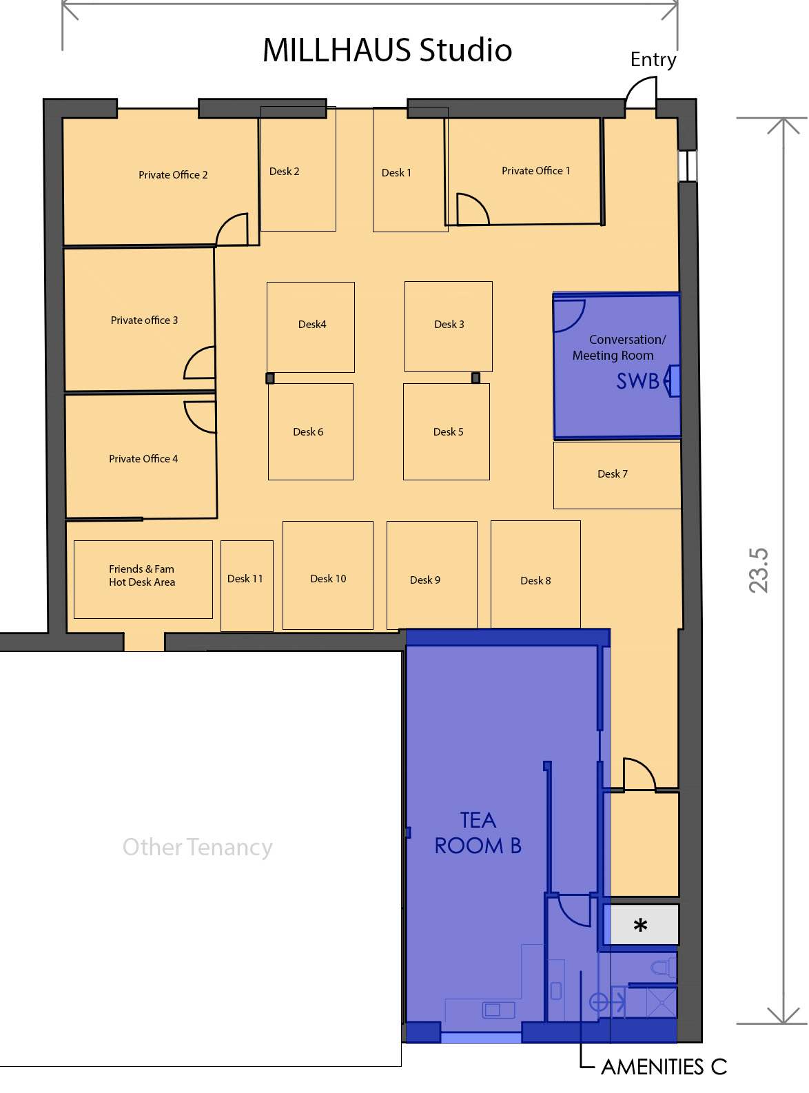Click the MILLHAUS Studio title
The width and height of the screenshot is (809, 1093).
[x=387, y=50]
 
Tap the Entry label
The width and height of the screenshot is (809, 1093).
[x=653, y=60]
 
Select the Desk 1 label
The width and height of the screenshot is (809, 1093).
[x=396, y=173]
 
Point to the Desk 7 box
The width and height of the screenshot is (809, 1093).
[x=616, y=475]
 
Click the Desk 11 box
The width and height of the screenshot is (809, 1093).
[x=246, y=585]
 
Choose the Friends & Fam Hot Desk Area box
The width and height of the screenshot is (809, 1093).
[x=143, y=579]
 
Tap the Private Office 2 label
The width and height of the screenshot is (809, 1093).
[x=173, y=175]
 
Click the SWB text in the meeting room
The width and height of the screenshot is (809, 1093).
[x=637, y=381]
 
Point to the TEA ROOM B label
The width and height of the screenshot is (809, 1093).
[x=478, y=832]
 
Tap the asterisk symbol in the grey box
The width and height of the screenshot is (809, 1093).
[x=640, y=925]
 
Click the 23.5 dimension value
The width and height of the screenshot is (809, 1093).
[x=758, y=570]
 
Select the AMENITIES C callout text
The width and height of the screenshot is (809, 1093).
[x=664, y=1067]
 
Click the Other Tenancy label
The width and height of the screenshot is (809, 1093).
[x=197, y=847]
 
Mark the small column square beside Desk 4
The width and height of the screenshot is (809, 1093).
[x=269, y=378]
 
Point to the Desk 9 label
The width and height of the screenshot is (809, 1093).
[x=424, y=580]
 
